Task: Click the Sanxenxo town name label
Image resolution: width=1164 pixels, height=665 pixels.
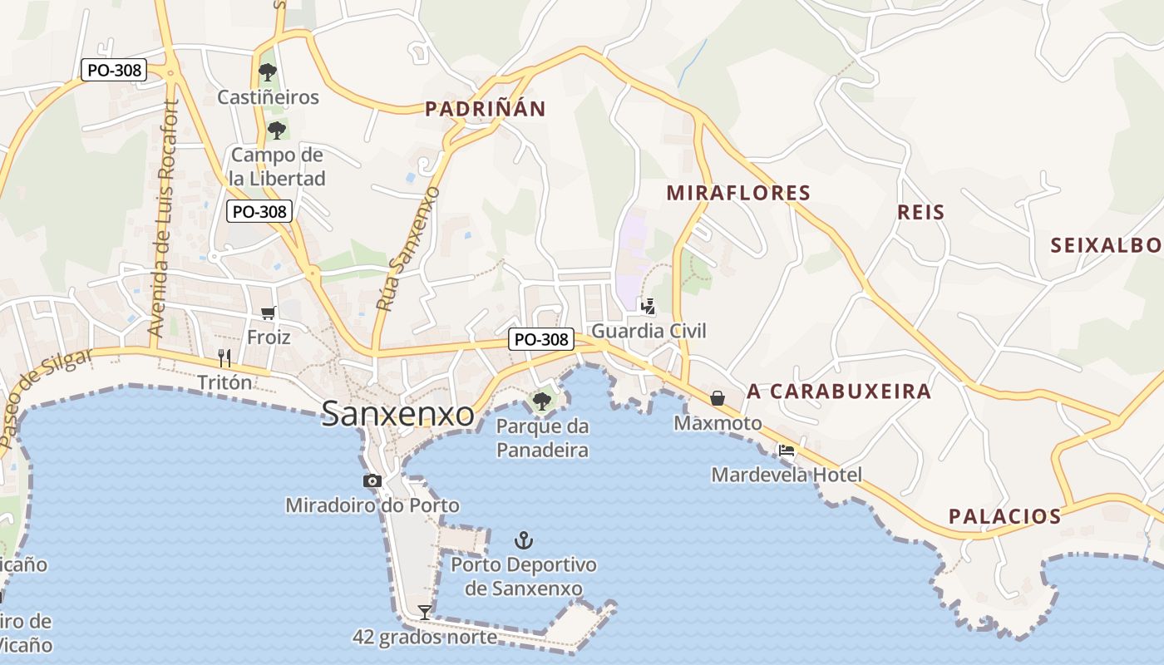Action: (x=397, y=413)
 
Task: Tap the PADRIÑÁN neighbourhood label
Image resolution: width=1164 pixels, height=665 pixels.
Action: (x=486, y=109)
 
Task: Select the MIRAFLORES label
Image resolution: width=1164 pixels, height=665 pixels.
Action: (x=738, y=194)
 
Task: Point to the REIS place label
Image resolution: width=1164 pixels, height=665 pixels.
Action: (x=921, y=212)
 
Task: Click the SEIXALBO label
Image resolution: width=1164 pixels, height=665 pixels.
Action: (x=1107, y=245)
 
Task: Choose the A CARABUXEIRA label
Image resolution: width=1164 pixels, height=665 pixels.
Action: (x=839, y=392)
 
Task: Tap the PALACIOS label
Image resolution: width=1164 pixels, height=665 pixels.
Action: (x=1004, y=516)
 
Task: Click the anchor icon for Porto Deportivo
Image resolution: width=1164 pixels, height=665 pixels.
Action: (x=523, y=540)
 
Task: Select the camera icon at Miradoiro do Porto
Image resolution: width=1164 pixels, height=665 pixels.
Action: (x=372, y=480)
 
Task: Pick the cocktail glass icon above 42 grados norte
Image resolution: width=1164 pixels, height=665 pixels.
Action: (x=425, y=613)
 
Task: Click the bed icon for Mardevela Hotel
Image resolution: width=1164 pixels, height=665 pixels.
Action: (x=786, y=451)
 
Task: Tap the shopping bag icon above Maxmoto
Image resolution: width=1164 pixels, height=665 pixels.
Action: (x=718, y=398)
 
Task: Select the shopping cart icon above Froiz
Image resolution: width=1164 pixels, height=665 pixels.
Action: (x=268, y=313)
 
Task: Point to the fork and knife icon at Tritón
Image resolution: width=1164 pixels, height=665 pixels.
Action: (x=224, y=358)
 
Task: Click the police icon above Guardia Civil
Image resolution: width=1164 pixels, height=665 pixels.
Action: (x=648, y=306)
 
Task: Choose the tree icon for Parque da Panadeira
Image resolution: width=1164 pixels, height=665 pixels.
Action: (x=541, y=401)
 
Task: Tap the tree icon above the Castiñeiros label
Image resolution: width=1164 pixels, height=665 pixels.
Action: (x=267, y=72)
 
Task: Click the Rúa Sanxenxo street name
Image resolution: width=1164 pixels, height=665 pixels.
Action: (x=407, y=249)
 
